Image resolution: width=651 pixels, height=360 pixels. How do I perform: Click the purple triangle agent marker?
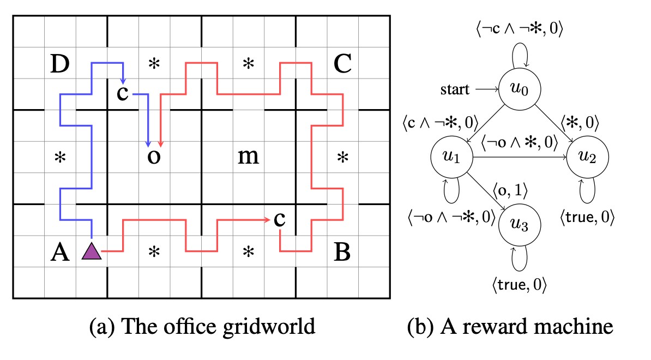click(91, 251)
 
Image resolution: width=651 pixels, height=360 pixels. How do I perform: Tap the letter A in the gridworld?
click(59, 253)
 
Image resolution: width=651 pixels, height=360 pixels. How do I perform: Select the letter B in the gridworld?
click(342, 253)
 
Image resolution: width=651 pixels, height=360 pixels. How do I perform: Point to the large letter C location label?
click(342, 64)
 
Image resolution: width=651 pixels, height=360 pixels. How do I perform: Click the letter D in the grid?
click(59, 64)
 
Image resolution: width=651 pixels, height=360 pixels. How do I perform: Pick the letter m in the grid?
click(248, 158)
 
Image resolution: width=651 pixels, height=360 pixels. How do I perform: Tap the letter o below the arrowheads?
click(154, 158)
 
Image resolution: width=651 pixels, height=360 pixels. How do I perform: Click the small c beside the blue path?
click(123, 93)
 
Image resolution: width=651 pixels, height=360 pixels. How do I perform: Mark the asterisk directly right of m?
click(342, 159)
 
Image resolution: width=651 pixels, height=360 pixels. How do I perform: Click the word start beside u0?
click(455, 89)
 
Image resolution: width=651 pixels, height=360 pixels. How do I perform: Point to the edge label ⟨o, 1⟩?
click(511, 190)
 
